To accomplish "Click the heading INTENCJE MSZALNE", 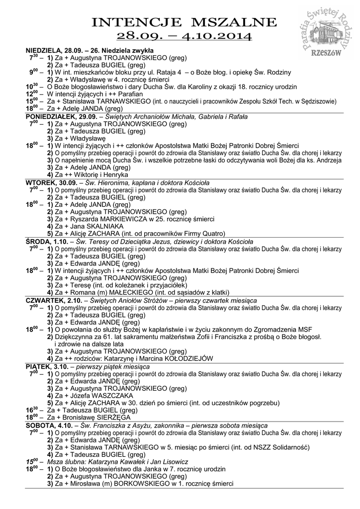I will coord(184,22).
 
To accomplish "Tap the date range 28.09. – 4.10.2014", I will coord(184,36).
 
